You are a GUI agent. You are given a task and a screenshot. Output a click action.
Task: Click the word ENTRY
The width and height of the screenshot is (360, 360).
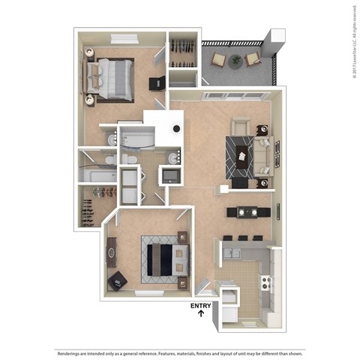coord(200,305)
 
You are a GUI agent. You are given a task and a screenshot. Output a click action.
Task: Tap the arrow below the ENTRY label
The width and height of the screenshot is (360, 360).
coord(201,315)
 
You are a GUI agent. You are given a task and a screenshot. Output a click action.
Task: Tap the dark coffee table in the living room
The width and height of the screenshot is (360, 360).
coord(242,154)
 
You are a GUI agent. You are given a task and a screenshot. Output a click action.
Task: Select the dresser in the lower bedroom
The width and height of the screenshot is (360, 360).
coord(112,253)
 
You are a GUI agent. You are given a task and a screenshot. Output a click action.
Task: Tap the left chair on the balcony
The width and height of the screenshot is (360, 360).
coord(218,59)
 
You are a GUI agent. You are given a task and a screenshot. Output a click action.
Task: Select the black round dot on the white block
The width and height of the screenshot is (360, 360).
coord(175,128)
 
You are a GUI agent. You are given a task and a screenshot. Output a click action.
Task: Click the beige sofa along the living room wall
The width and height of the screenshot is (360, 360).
coord(262,154)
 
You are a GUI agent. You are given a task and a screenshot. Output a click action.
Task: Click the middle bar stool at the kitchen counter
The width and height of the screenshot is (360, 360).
coord(241,238)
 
